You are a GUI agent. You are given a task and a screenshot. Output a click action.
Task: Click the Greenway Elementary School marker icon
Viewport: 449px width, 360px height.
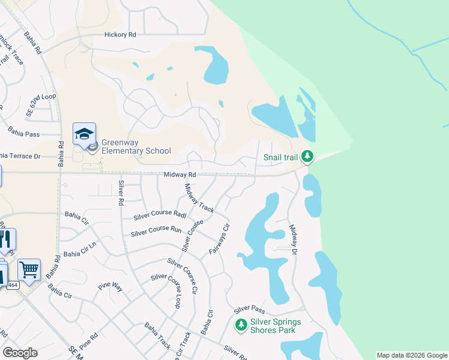[84, 134]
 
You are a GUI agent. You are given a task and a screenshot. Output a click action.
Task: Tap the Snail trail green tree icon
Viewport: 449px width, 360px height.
[307, 157]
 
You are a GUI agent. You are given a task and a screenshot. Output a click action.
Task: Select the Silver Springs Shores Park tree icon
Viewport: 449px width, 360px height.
[241, 325]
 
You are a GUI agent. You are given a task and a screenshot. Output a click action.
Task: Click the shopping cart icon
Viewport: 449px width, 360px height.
[29, 269]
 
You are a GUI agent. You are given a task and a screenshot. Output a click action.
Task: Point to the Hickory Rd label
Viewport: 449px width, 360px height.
[120, 35]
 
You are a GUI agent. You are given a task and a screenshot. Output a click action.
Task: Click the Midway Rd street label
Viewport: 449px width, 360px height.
[180, 175]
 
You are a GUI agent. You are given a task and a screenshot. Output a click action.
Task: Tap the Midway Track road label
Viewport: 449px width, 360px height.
[199, 199]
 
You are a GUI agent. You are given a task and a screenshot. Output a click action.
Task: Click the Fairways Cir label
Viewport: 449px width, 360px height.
[219, 239]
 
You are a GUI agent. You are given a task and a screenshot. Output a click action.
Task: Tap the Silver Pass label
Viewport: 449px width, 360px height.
[250, 310]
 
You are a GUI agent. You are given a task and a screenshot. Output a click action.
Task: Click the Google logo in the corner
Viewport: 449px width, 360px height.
[20, 352]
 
